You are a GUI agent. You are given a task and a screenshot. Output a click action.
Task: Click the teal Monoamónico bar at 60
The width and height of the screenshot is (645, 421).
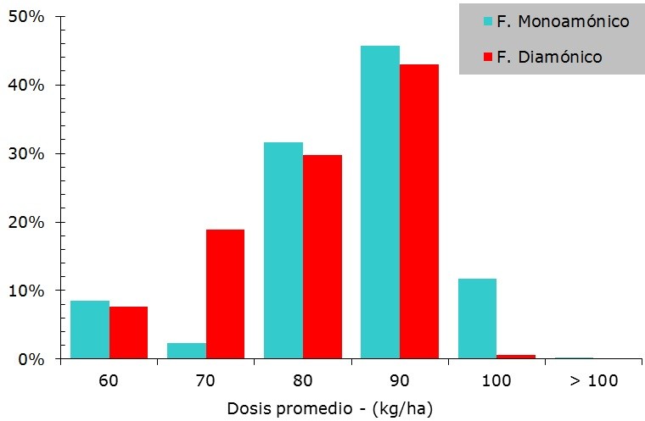tap(90, 330)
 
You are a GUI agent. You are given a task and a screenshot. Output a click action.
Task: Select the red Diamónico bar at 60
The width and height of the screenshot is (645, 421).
tap(128, 332)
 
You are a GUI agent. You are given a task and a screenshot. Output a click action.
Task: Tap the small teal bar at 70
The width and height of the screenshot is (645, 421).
tap(187, 351)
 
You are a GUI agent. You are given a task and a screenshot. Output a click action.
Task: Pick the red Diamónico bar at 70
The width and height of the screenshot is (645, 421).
tap(225, 294)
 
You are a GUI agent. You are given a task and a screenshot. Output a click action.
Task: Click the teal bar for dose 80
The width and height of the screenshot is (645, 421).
tap(283, 251)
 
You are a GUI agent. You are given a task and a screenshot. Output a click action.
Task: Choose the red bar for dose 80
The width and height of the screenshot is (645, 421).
tap(322, 257)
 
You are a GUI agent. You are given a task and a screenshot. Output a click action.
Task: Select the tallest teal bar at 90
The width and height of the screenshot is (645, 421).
tap(380, 202)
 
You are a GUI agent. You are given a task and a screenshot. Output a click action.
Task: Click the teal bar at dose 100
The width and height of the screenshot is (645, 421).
tap(477, 319)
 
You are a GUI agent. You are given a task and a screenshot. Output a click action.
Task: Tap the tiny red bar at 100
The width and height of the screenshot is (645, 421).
tap(515, 357)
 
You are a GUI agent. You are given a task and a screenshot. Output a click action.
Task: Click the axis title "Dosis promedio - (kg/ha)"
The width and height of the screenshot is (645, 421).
tap(330, 408)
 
